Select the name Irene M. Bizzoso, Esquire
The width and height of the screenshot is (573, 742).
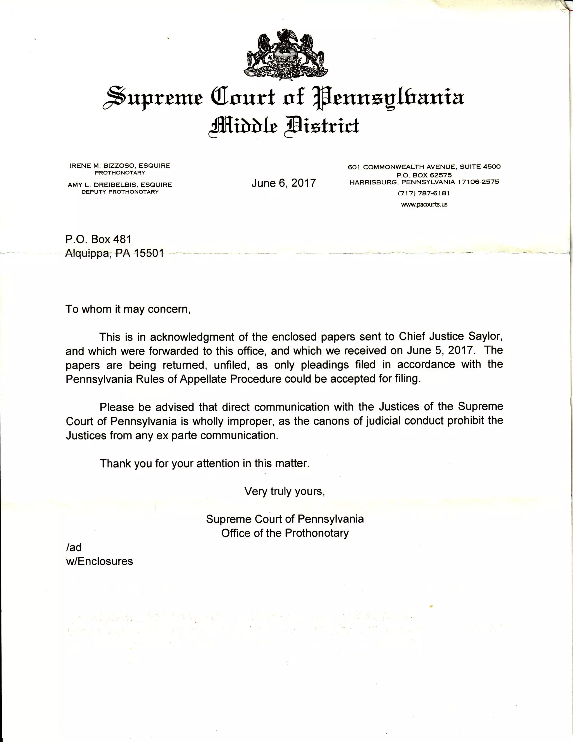pyautogui.click(x=120, y=166)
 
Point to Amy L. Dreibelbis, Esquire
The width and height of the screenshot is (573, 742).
pyautogui.click(x=120, y=185)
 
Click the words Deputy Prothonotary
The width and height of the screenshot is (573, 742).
pyautogui.click(x=120, y=192)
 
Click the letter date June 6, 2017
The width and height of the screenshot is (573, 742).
pyautogui.click(x=284, y=183)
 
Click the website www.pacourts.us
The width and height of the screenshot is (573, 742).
pyautogui.click(x=424, y=205)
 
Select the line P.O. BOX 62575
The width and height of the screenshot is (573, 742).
pyautogui.click(x=424, y=175)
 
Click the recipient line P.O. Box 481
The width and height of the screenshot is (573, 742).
pyautogui.click(x=98, y=239)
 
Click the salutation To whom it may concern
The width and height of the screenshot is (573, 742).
pyautogui.click(x=128, y=309)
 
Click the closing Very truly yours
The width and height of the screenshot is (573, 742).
pyautogui.click(x=284, y=491)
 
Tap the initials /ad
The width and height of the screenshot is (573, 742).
pyautogui.click(x=74, y=547)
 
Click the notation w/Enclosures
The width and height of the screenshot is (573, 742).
pyautogui.click(x=99, y=561)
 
